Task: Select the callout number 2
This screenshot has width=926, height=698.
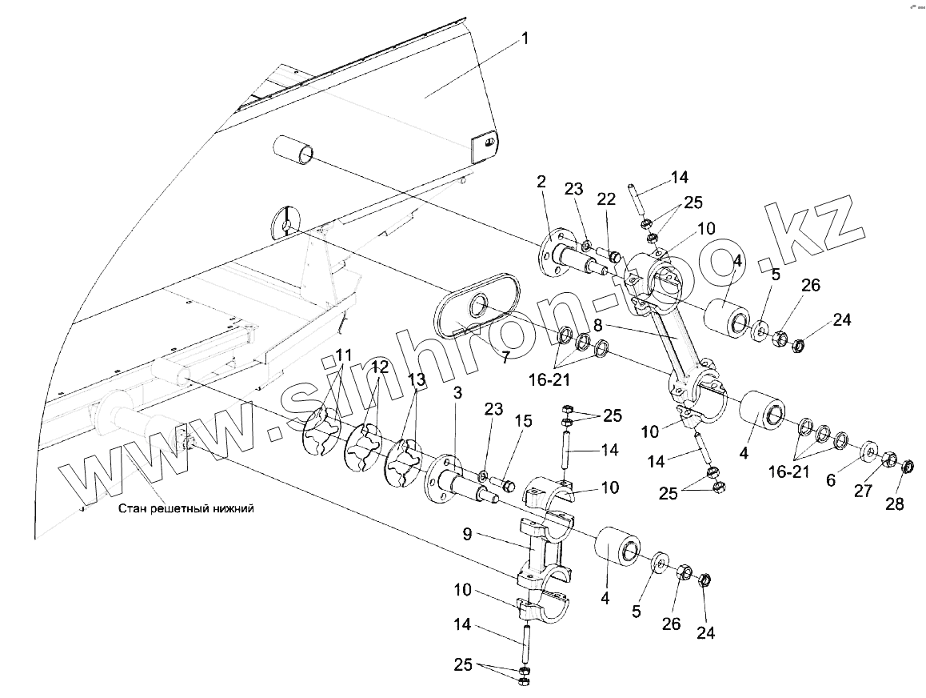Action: (x=541, y=183)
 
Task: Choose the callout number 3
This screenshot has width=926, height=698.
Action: (x=457, y=394)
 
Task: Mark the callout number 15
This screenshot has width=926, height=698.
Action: (x=523, y=421)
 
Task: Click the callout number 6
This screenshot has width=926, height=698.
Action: (x=831, y=479)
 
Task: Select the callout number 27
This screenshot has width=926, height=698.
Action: (x=863, y=491)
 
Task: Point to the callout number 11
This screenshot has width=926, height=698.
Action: (x=342, y=355)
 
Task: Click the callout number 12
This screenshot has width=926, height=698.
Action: (x=379, y=367)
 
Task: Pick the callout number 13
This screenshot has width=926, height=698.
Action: (x=417, y=379)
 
